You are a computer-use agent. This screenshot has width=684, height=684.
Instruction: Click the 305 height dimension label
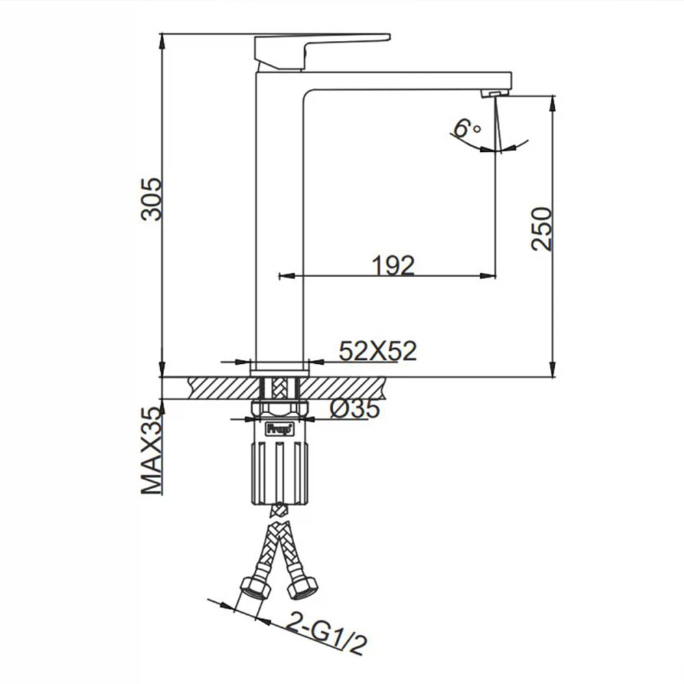151,198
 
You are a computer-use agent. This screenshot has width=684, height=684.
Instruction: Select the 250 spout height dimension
541,228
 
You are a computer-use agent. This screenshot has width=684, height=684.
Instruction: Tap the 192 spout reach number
393,265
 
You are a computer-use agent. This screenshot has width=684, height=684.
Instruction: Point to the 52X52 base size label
378,350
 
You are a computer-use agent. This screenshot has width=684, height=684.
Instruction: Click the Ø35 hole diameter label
355,409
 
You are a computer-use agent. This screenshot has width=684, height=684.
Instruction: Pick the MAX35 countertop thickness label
151,450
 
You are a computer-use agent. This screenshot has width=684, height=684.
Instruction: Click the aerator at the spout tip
495,93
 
